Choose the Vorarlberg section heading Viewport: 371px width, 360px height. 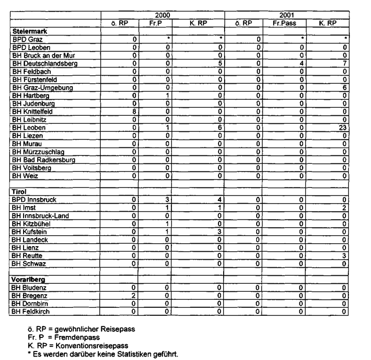tap(29, 278)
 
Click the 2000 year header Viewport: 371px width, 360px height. tap(162, 16)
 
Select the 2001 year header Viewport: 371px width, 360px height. tap(286, 16)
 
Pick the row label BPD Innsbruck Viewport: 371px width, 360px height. tap(34, 200)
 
